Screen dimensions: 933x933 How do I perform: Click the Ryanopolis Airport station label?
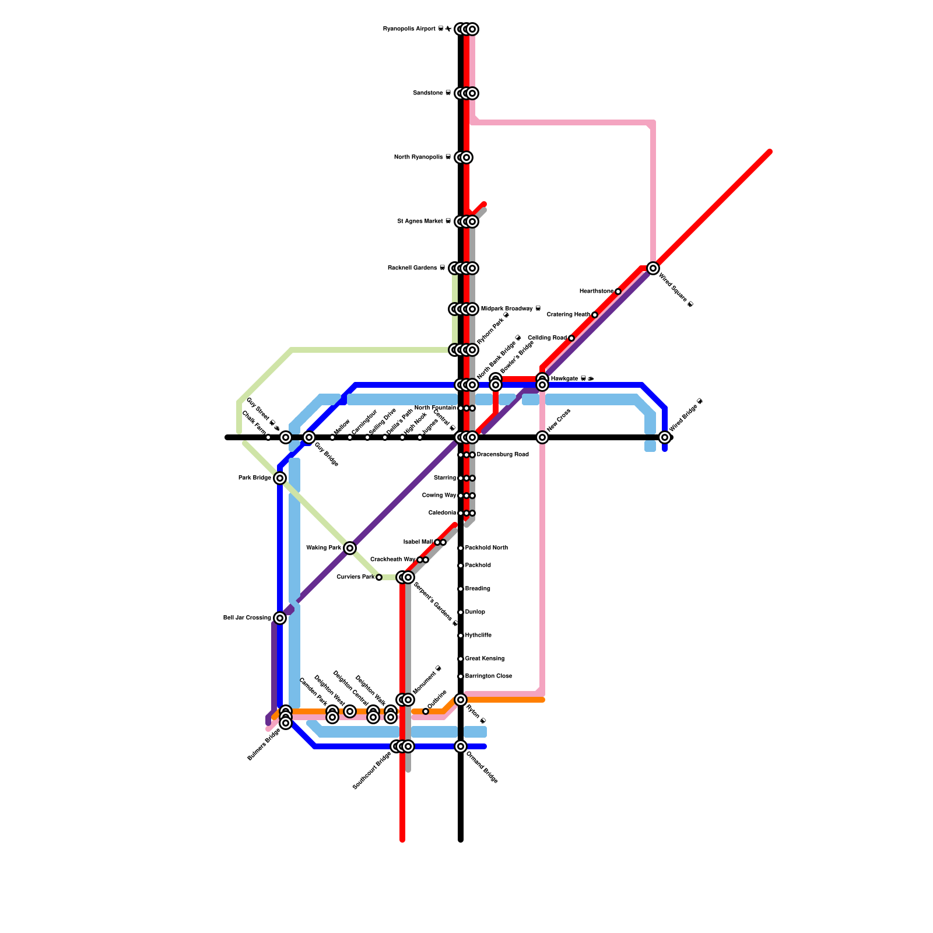(416, 29)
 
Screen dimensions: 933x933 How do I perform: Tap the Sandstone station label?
(432, 93)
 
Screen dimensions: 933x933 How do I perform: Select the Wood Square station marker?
(653, 268)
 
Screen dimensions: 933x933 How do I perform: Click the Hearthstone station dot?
(618, 292)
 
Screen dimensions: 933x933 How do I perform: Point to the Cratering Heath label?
(569, 315)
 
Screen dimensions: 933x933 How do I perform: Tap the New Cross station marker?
(542, 437)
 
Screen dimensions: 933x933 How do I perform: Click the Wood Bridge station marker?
(665, 437)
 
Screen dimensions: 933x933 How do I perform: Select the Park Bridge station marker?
(280, 478)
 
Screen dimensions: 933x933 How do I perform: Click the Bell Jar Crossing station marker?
(280, 618)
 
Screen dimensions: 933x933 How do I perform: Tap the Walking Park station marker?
(350, 548)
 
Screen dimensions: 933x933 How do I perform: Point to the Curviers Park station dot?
(379, 577)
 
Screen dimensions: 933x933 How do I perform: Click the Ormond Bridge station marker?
(461, 746)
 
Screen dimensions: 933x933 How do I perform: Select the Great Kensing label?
(485, 659)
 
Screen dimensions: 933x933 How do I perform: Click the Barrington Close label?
(489, 676)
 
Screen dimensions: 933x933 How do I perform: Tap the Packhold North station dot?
(461, 548)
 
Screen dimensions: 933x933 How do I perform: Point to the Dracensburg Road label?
(503, 455)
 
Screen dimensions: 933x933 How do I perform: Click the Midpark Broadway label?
(510, 309)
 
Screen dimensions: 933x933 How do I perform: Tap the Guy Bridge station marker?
(309, 437)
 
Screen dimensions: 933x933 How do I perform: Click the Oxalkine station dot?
(426, 711)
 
